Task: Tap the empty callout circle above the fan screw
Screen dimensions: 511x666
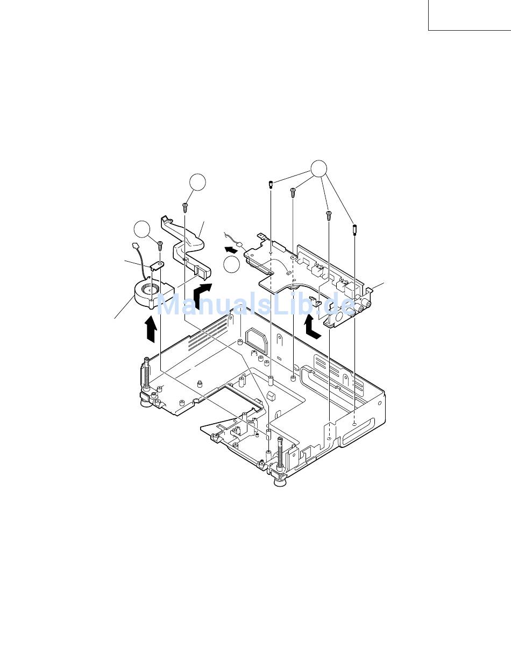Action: [x=142, y=229]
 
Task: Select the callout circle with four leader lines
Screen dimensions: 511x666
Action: [x=319, y=169]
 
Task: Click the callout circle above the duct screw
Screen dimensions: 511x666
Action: [x=197, y=183]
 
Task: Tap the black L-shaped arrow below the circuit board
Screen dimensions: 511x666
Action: [x=312, y=328]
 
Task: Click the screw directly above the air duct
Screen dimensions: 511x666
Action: [x=185, y=207]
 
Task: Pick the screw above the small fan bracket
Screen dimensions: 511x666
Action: [x=160, y=246]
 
